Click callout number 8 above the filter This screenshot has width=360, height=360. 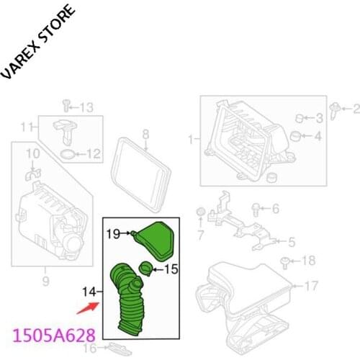pyautogui.click(x=145, y=133)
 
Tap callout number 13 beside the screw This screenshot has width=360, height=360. pyautogui.click(x=86, y=108)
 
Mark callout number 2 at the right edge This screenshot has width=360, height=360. pyautogui.click(x=355, y=109)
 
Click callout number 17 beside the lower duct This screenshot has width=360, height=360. pyautogui.click(x=311, y=287)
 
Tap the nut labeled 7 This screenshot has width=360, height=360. pyautogui.click(x=202, y=214)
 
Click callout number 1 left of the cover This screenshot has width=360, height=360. pyautogui.click(x=191, y=138)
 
